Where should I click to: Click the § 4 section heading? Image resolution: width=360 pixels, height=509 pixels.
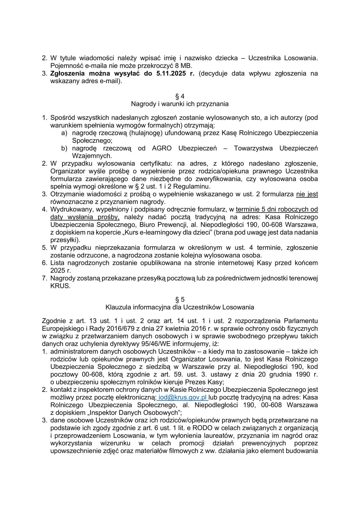[x=180, y=96]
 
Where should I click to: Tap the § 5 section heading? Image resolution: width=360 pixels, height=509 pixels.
[x=180, y=299]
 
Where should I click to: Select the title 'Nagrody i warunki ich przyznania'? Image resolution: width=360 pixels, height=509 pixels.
[x=180, y=104]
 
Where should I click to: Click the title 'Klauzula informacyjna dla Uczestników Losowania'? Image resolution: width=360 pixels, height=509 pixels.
[x=180, y=307]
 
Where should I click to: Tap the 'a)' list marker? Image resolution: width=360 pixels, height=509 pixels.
[x=64, y=133]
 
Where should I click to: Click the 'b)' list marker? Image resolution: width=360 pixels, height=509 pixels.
[x=64, y=148]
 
